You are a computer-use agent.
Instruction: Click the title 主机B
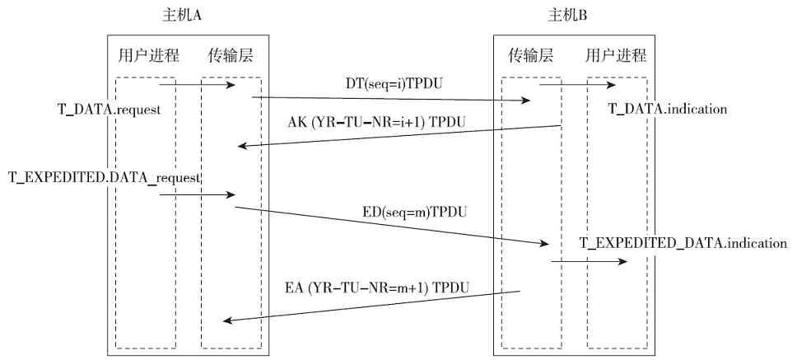click(567, 16)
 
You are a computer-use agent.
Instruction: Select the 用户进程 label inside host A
click(148, 56)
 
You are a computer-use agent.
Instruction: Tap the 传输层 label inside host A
click(231, 56)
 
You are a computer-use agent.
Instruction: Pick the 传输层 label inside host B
click(530, 56)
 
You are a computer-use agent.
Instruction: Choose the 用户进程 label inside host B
click(615, 56)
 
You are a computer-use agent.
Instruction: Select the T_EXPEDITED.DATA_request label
click(105, 177)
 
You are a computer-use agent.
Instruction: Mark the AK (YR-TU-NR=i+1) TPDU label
click(376, 121)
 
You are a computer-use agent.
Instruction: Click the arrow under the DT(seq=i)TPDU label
click(391, 100)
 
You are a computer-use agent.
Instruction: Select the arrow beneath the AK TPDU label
click(398, 136)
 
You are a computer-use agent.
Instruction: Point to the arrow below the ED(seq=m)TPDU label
click(391, 226)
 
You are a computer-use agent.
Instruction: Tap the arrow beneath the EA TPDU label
click(372, 306)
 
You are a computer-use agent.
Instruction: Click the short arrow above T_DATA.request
click(197, 84)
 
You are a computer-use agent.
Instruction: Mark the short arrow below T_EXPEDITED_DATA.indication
click(589, 262)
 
